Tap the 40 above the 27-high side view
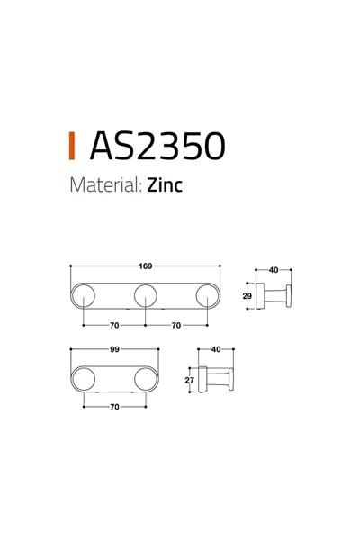215,349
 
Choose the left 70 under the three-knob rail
113,324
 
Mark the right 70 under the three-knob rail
176,324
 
